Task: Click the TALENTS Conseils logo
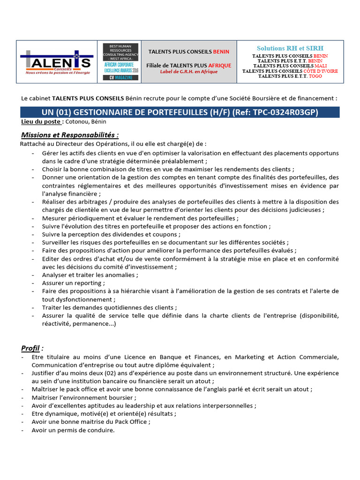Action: tap(55, 62)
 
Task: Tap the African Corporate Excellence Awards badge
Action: tap(121, 61)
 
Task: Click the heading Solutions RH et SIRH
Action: tap(290, 48)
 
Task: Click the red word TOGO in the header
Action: tap(315, 76)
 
